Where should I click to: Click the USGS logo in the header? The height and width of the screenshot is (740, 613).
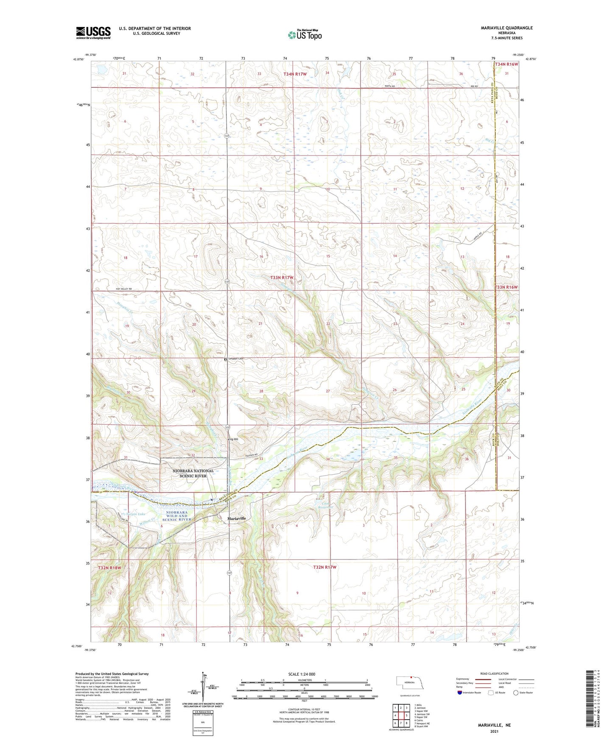(x=93, y=33)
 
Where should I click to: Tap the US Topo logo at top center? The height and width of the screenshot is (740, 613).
(x=305, y=35)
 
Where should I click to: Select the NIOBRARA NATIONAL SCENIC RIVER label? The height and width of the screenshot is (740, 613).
(x=193, y=473)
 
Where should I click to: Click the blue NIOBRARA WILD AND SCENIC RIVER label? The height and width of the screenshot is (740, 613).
(x=179, y=516)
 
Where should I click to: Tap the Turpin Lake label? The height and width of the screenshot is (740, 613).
(x=136, y=514)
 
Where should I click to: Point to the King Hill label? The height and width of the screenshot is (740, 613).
(x=233, y=439)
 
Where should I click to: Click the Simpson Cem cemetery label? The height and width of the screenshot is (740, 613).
(x=235, y=359)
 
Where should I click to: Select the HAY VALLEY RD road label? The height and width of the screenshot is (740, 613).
(x=124, y=289)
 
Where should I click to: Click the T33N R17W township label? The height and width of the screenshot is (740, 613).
(x=282, y=278)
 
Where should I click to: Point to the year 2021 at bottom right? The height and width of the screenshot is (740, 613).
(x=494, y=731)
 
